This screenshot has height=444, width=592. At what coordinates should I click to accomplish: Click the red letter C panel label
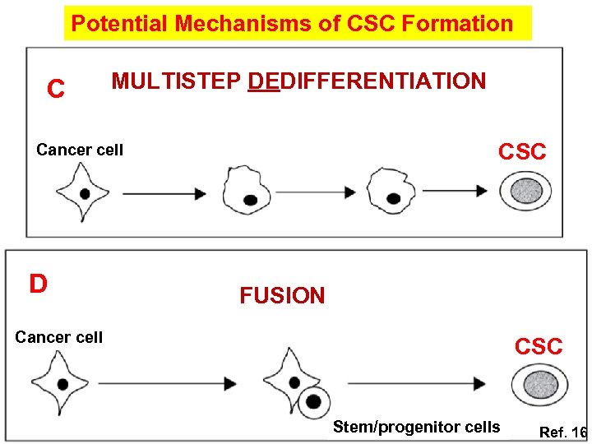(x=56, y=89)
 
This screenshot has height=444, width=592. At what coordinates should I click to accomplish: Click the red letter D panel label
(x=38, y=284)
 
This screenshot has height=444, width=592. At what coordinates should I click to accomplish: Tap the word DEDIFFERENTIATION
(x=366, y=81)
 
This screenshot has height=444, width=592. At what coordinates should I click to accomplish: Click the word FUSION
(x=282, y=296)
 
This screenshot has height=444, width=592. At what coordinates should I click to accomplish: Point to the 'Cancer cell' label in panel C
(x=80, y=150)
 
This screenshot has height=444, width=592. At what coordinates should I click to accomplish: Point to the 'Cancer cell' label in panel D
(x=59, y=337)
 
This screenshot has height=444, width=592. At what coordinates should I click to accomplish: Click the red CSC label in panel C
(x=522, y=152)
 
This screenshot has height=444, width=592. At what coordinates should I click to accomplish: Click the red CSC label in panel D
(x=539, y=347)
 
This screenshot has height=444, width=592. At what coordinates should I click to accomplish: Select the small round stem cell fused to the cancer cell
(x=312, y=401)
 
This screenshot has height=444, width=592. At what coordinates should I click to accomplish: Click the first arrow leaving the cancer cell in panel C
(x=164, y=193)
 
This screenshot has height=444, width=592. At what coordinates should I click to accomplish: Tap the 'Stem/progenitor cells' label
(x=416, y=427)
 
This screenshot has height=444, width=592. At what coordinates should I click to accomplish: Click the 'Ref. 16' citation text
(x=562, y=432)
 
